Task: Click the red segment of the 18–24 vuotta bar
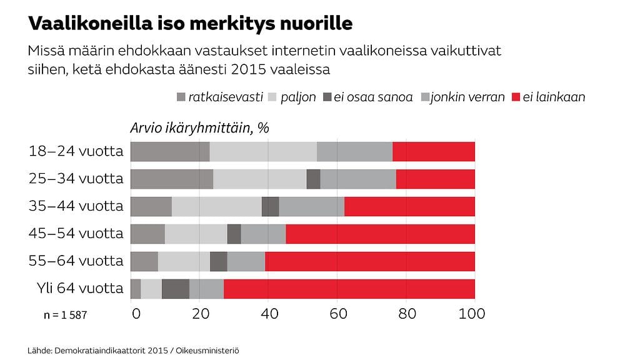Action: (433, 152)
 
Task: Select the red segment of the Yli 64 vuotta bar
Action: (349, 289)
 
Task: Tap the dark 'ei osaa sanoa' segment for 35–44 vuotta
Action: (270, 206)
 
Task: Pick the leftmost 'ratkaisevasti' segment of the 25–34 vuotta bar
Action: (171, 179)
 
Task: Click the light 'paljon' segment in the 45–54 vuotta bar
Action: (196, 234)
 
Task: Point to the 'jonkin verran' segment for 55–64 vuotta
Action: (246, 261)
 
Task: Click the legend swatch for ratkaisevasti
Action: (182, 97)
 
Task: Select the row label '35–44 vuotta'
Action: (76, 206)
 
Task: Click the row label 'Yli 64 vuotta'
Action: (80, 288)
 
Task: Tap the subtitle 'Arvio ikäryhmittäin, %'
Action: (199, 127)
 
